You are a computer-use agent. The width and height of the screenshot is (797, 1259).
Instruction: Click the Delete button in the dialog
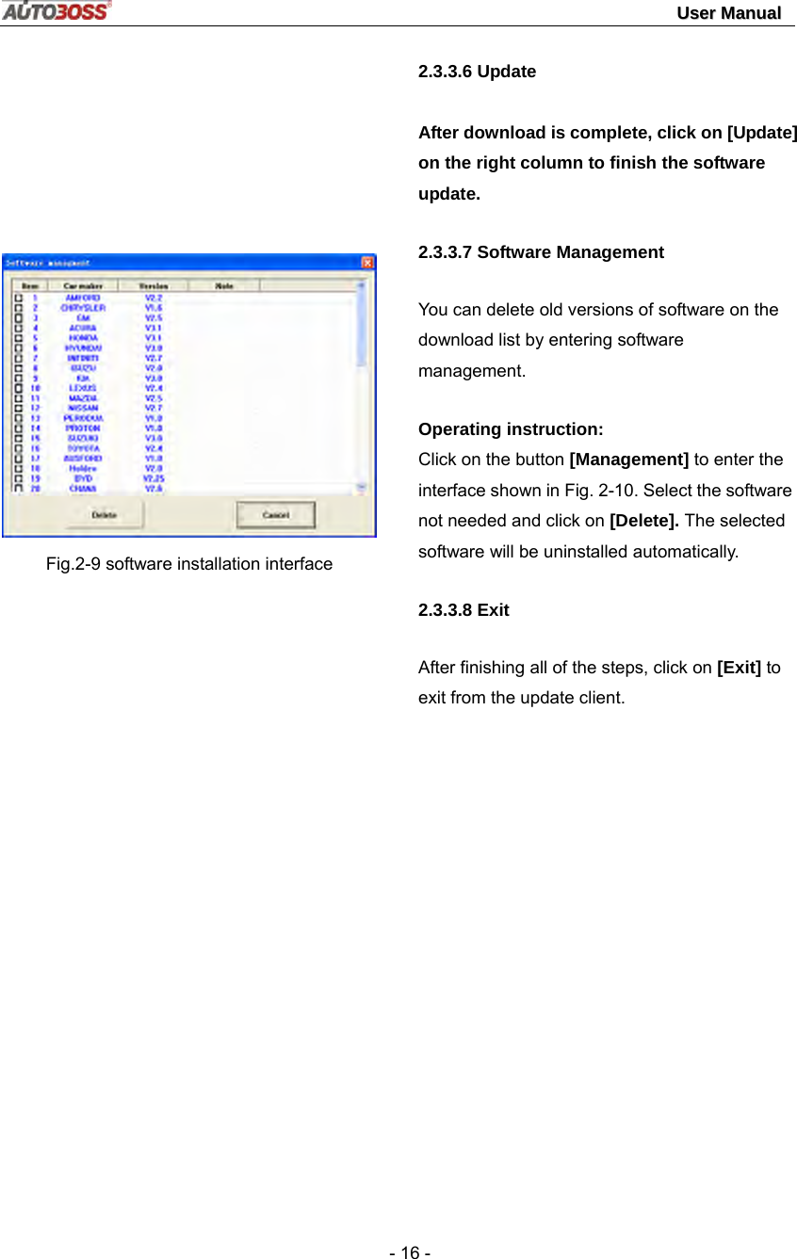click(x=105, y=514)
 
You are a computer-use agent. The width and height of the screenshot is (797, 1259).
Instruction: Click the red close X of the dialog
click(x=367, y=262)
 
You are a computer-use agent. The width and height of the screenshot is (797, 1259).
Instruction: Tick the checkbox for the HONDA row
click(x=18, y=337)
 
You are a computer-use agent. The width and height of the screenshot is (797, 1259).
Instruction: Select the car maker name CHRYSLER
click(x=83, y=307)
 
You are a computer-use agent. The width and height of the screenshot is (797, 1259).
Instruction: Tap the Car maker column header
click(x=83, y=285)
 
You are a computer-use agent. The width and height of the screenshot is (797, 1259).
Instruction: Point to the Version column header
click(x=154, y=285)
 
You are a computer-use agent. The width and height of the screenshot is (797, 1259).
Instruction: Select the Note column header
click(x=224, y=285)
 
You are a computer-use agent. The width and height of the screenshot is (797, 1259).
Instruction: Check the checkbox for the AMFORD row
click(x=18, y=298)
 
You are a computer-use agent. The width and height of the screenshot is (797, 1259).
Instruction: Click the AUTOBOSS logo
click(x=56, y=11)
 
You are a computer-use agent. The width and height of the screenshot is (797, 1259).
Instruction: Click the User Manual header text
click(x=728, y=13)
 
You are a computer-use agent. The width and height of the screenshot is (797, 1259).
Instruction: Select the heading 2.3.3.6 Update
click(x=477, y=72)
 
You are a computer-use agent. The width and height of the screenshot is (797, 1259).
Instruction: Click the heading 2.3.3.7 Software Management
click(x=541, y=252)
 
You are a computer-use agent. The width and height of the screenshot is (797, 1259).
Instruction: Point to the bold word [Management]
click(x=629, y=460)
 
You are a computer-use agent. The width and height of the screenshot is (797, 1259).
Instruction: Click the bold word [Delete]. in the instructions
click(x=645, y=521)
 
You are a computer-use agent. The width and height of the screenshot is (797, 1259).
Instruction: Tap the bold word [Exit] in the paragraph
click(x=739, y=668)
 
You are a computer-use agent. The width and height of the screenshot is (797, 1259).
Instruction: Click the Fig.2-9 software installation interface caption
click(x=189, y=564)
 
